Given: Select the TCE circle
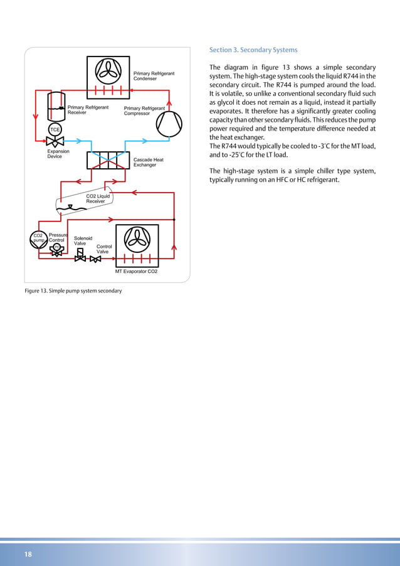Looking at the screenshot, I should pos(55,129).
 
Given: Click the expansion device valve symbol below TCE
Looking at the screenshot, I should pos(55,144).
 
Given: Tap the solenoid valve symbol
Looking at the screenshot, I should pos(80,257).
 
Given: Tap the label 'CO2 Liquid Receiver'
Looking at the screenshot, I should pos(98,199).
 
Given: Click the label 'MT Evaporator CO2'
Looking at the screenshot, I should pos(136,272).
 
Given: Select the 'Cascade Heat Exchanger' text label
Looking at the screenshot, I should pos(149,163).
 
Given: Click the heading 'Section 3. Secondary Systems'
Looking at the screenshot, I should pos(253,50).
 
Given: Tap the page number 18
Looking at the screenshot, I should pos(28,554).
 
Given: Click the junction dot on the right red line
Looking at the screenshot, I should pos(174,220).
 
